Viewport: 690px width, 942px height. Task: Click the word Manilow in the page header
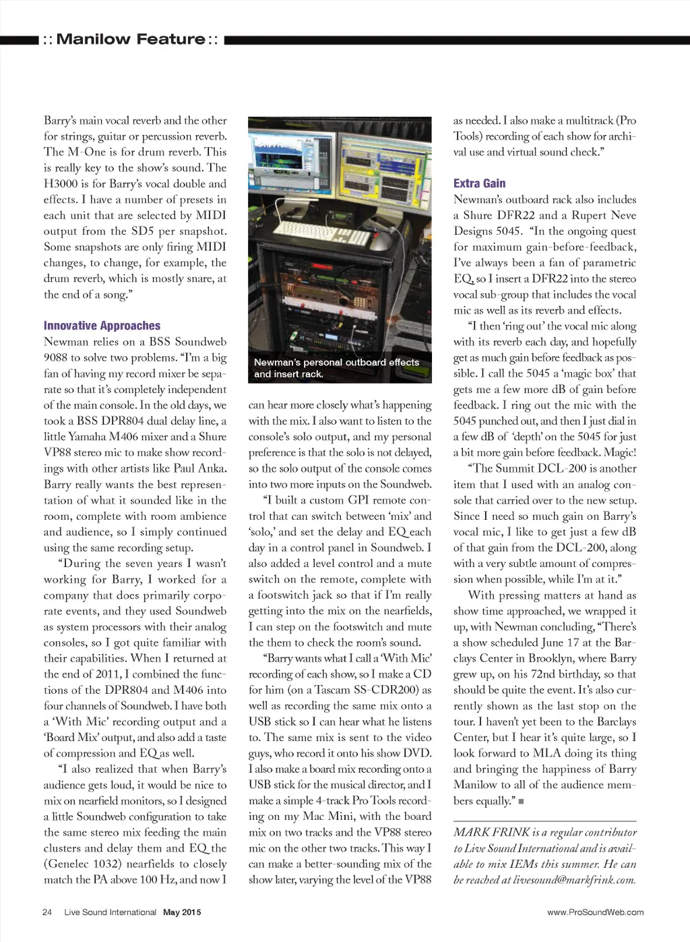click(94, 39)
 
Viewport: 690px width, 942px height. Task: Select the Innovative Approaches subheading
click(102, 326)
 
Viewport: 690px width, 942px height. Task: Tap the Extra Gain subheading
click(479, 183)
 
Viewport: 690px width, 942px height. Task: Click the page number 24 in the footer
click(47, 912)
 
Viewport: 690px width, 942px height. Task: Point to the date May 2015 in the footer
click(182, 912)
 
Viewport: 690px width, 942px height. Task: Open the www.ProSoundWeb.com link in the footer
click(595, 912)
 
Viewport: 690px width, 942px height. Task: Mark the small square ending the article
click(521, 802)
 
